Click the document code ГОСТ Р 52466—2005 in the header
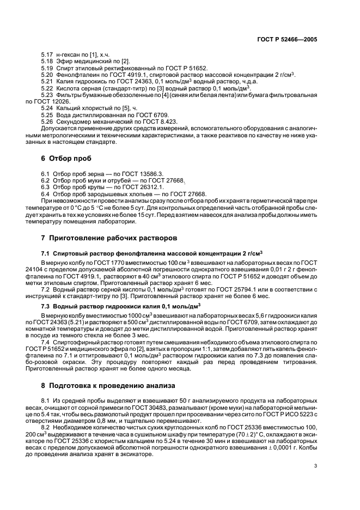[x=288, y=40]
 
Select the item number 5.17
[x=47, y=55]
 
